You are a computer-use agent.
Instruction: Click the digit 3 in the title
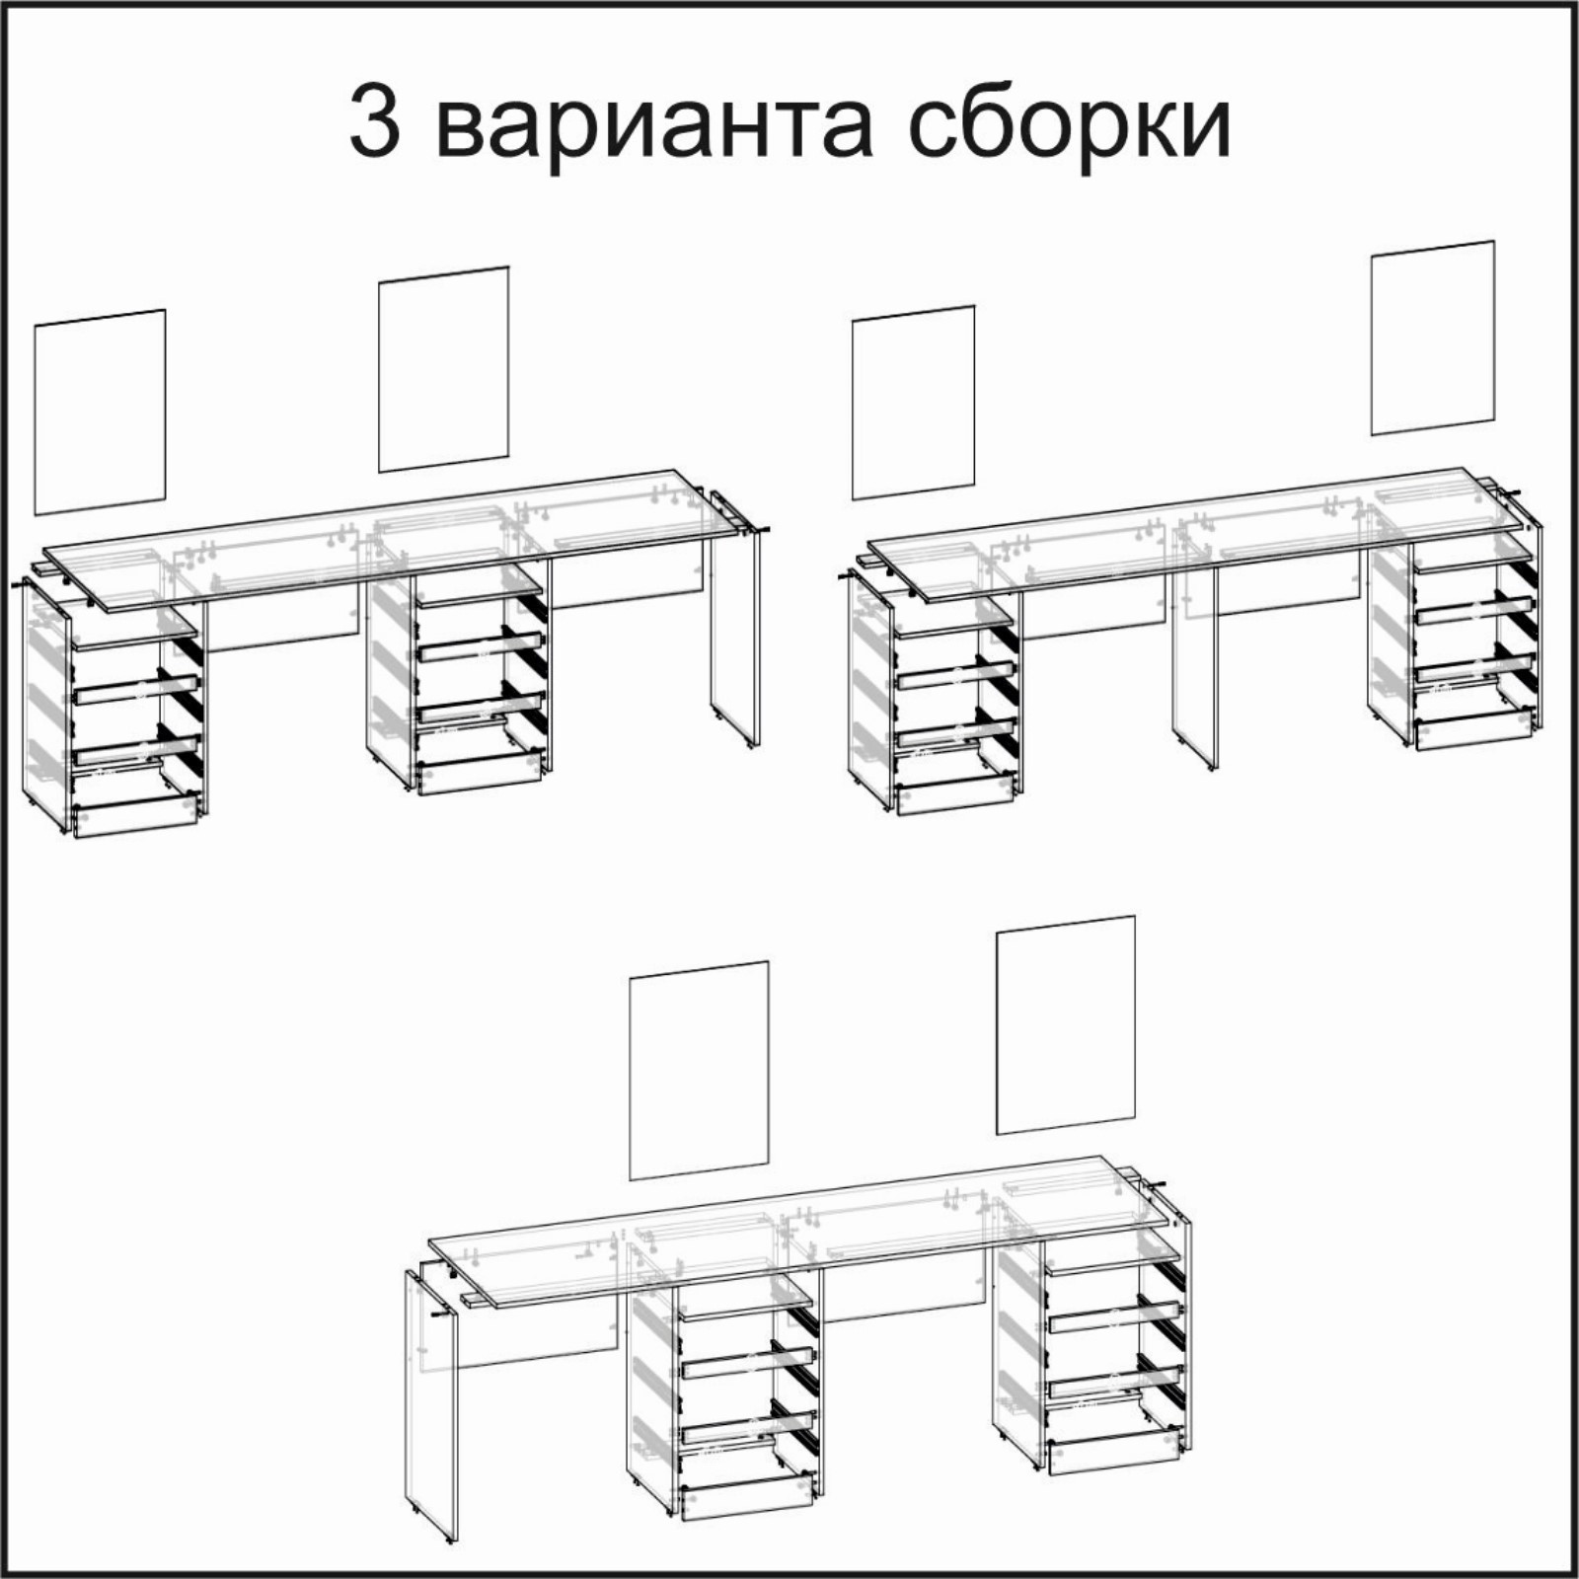point(375,123)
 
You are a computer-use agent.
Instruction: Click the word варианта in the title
point(653,126)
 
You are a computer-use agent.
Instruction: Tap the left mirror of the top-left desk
point(100,413)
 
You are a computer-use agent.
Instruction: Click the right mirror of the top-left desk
point(444,369)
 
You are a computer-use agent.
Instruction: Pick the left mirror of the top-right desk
point(913,403)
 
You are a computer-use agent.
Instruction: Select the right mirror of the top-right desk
point(1432,338)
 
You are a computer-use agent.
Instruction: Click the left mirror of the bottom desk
point(699,1070)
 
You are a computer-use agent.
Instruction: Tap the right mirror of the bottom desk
point(1066,1025)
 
